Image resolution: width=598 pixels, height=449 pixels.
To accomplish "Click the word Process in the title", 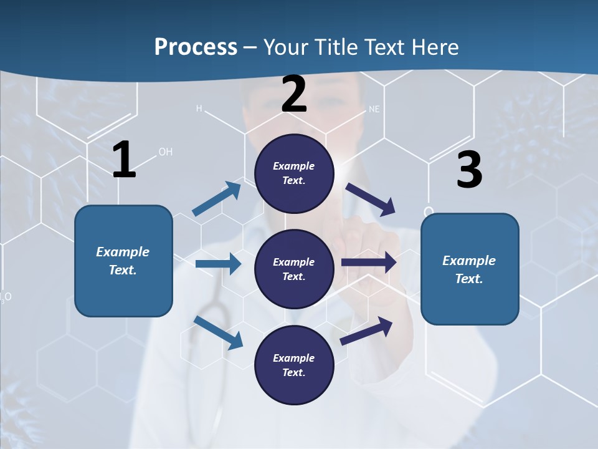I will tap(196, 47).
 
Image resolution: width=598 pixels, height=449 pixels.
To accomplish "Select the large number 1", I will tap(124, 160).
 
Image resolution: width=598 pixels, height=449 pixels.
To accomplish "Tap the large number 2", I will tap(294, 94).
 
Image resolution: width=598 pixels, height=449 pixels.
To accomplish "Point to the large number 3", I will tap(470, 170).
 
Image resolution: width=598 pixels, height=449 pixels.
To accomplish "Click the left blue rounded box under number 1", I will tap(123, 261).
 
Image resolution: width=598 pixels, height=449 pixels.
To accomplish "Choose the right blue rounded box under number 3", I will tap(470, 269).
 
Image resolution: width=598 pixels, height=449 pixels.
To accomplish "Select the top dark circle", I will tap(294, 173).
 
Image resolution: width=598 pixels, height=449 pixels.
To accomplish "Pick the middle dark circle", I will tap(294, 269).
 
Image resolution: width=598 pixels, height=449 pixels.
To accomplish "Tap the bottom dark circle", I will tap(294, 365).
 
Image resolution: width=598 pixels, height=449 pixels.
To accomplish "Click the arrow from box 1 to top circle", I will tap(217, 199).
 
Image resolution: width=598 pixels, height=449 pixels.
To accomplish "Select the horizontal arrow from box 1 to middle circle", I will tap(218, 264).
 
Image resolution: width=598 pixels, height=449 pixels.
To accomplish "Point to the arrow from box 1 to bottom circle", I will tap(218, 332).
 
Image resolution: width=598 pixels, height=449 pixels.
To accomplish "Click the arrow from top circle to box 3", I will tap(371, 200).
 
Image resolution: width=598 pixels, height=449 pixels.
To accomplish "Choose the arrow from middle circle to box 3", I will tap(369, 263).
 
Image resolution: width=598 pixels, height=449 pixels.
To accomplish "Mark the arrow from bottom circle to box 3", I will tap(367, 331).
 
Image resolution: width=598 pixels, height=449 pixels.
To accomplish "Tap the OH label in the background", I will tap(165, 152).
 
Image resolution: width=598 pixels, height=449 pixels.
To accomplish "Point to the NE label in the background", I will tap(374, 109).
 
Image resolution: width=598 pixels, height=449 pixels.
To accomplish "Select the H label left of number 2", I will tap(199, 109).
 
